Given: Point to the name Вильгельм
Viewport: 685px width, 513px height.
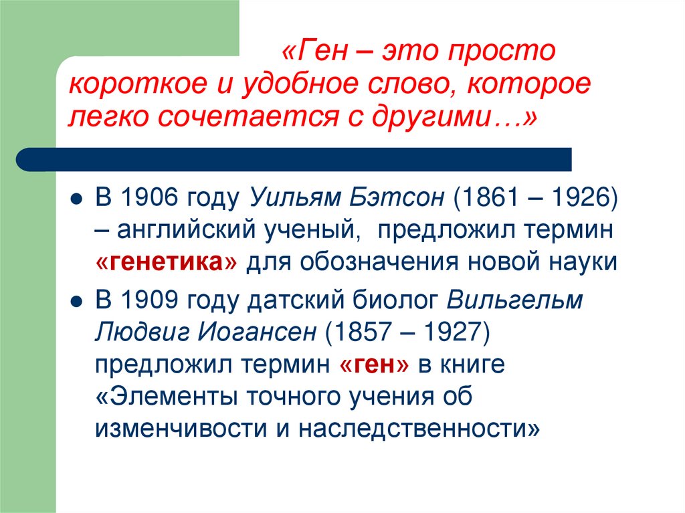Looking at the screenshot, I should (x=514, y=300).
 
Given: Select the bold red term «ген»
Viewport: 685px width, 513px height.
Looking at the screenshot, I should (x=375, y=364).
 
